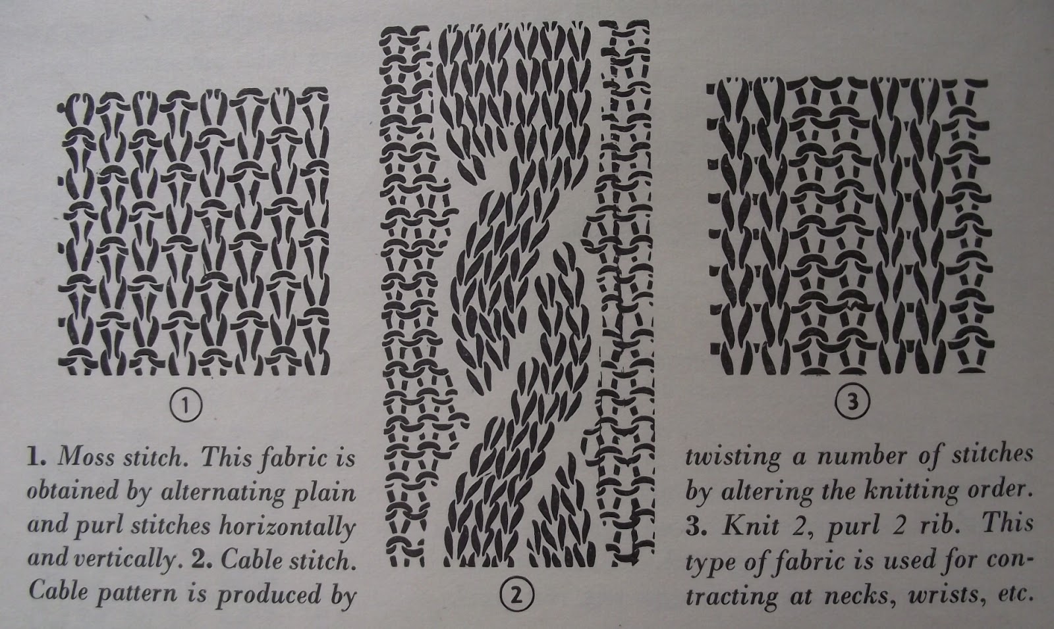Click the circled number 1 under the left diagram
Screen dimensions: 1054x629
point(186,406)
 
